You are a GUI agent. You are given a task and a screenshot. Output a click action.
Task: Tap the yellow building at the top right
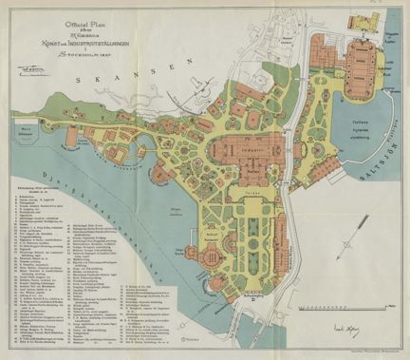362,21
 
